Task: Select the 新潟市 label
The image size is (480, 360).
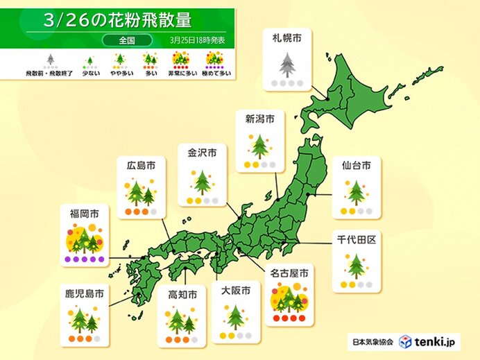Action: [x=259, y=119]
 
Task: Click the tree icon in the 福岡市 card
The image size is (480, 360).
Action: [x=83, y=239]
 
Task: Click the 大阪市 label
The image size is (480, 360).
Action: [x=235, y=291]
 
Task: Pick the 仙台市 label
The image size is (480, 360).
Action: [x=356, y=165]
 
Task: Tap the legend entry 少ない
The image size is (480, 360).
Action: [x=88, y=72]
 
